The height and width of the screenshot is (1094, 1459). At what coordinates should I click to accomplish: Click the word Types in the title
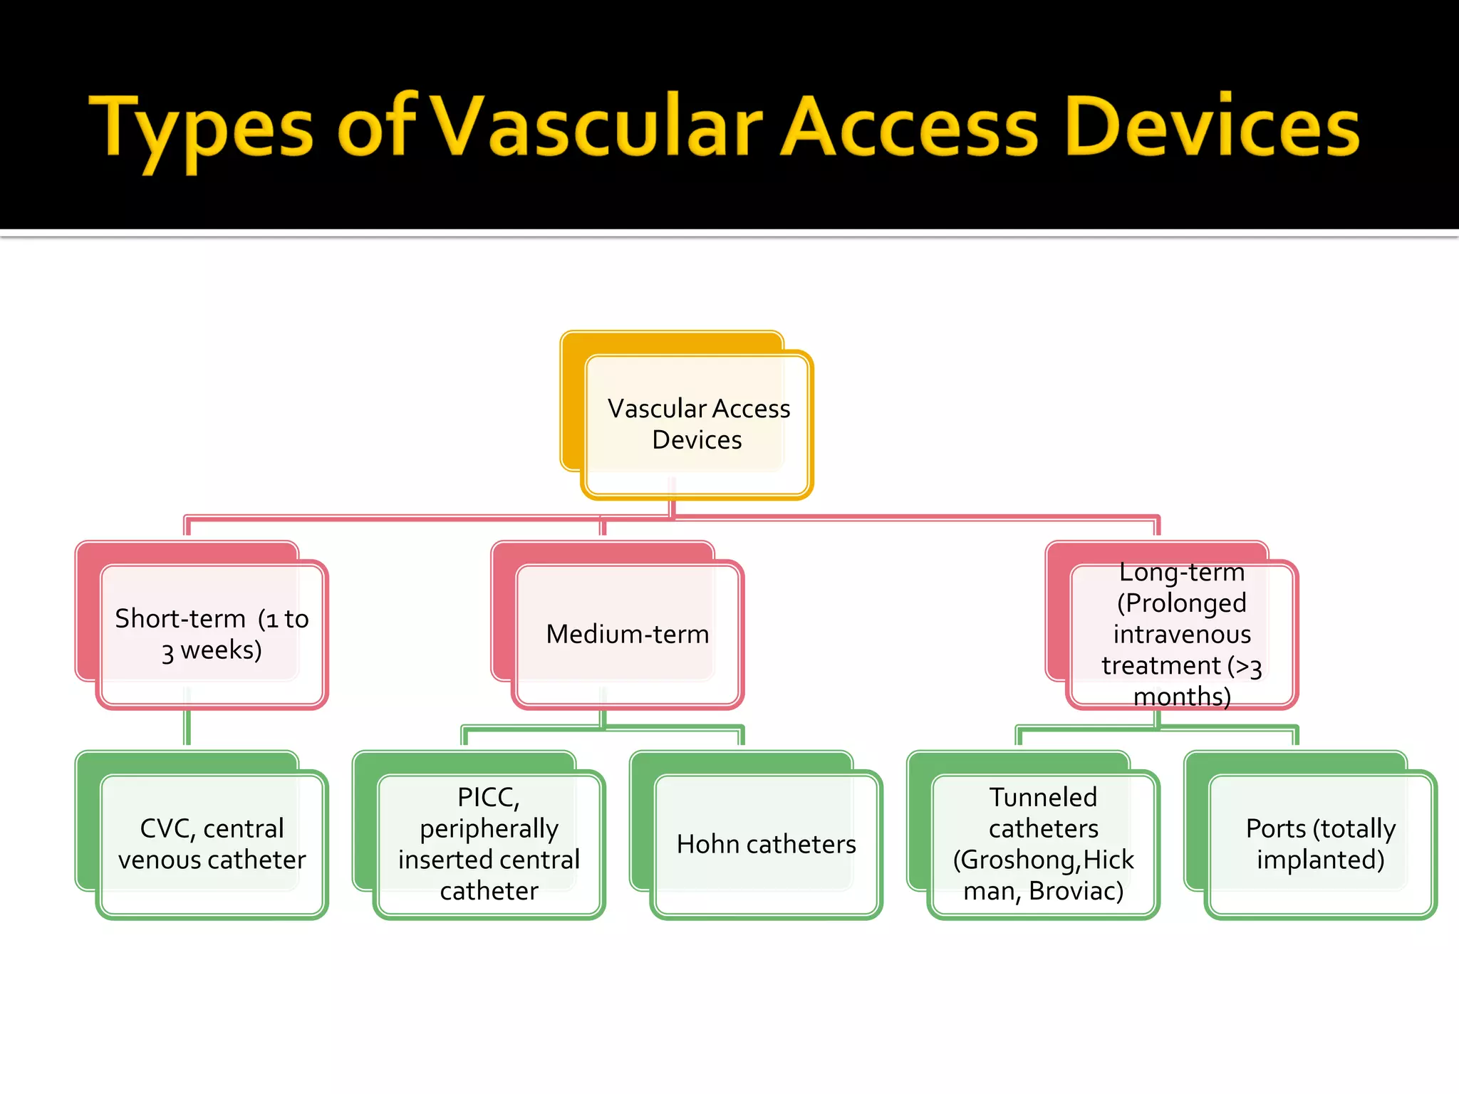click(x=201, y=128)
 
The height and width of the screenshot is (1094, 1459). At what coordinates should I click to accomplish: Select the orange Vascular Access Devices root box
click(x=697, y=424)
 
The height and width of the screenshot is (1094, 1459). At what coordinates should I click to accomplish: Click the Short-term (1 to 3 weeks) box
click(x=212, y=634)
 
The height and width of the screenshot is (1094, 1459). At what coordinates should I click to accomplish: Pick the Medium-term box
click(x=627, y=634)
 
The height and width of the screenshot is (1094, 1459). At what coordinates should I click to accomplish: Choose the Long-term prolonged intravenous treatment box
click(x=1181, y=634)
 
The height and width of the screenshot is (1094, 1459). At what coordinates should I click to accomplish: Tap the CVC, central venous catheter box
click(x=212, y=844)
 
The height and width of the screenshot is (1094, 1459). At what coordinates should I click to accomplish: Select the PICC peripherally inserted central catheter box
click(x=489, y=844)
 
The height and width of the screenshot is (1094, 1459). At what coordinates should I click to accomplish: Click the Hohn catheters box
click(x=766, y=844)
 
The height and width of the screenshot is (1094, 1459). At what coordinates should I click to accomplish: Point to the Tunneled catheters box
click(x=1043, y=844)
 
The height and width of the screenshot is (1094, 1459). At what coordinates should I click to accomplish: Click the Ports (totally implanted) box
click(x=1320, y=844)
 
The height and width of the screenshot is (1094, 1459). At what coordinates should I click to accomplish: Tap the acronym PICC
click(x=488, y=797)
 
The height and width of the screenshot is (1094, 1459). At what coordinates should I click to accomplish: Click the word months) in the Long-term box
click(x=1182, y=696)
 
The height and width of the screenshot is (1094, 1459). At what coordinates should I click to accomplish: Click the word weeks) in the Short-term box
click(x=221, y=650)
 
